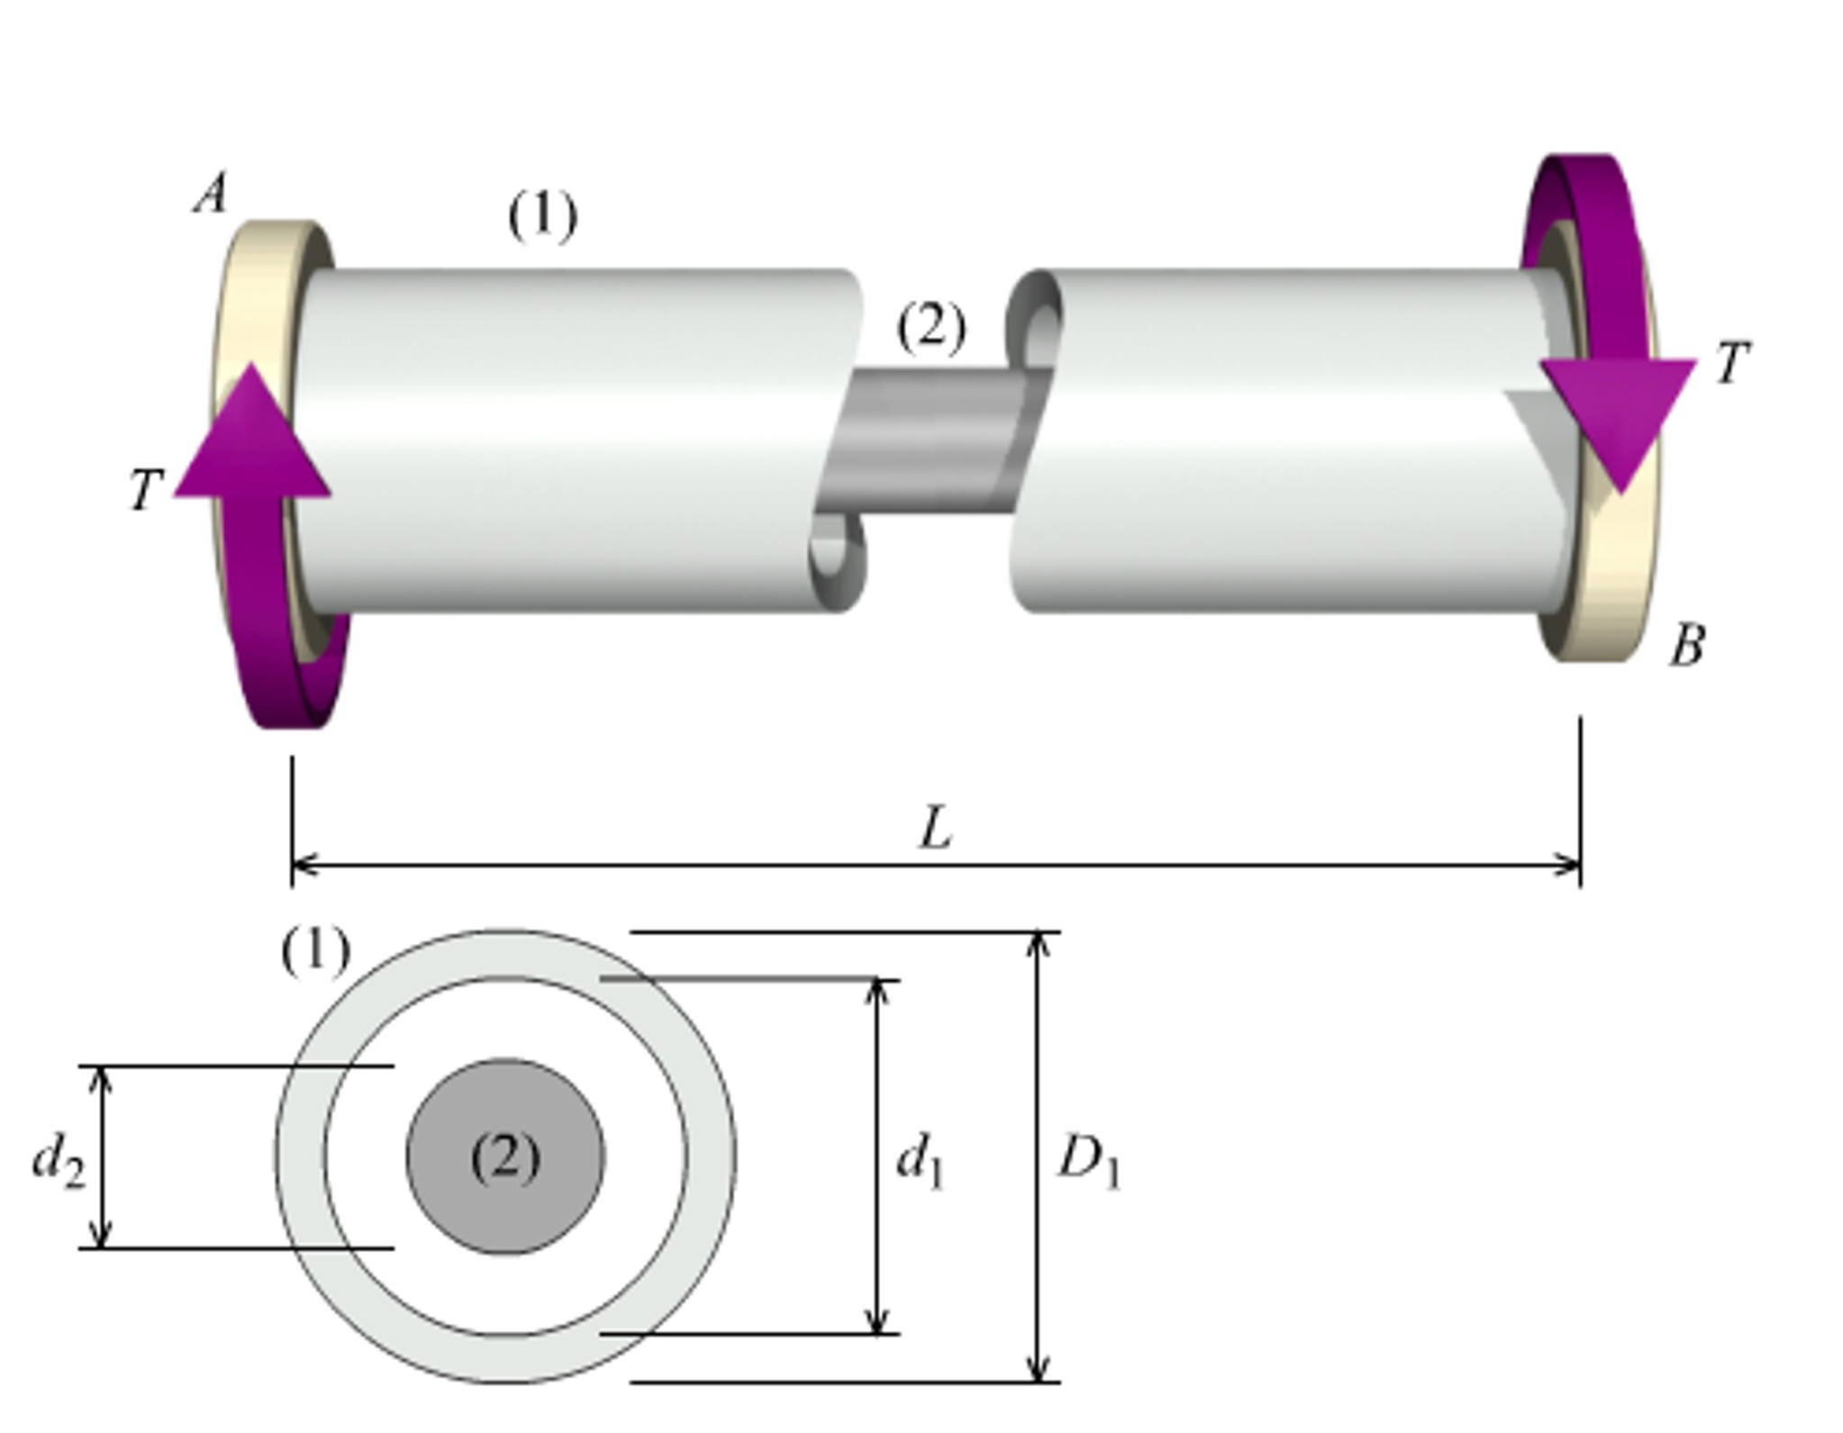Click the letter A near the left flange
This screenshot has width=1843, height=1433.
click(x=210, y=194)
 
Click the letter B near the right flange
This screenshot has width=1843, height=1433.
click(x=1685, y=646)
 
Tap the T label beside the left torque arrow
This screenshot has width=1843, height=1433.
click(x=145, y=490)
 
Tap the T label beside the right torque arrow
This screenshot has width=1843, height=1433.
click(x=1730, y=362)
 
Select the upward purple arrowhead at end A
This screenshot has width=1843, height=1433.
click(x=252, y=437)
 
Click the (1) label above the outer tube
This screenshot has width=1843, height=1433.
click(x=542, y=216)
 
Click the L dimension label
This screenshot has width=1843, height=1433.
click(x=935, y=828)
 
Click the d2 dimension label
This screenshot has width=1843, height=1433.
click(x=58, y=1159)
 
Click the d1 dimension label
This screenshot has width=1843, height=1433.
click(x=920, y=1161)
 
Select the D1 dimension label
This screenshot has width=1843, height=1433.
click(x=1088, y=1161)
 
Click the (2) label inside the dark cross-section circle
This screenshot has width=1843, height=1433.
click(x=505, y=1157)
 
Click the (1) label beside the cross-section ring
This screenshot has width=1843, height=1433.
click(x=315, y=951)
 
